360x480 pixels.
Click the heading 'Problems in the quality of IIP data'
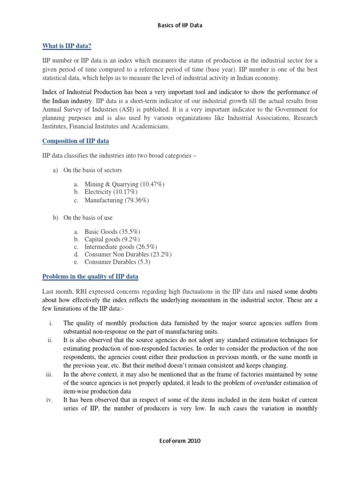pos(90,277)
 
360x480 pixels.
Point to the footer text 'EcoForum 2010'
pos(180,442)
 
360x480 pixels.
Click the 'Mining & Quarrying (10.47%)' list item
pos(124,185)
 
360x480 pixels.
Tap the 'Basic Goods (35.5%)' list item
pos(112,232)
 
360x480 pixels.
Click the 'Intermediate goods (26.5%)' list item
pos(120,247)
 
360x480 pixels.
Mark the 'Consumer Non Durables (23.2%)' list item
pos(128,255)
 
